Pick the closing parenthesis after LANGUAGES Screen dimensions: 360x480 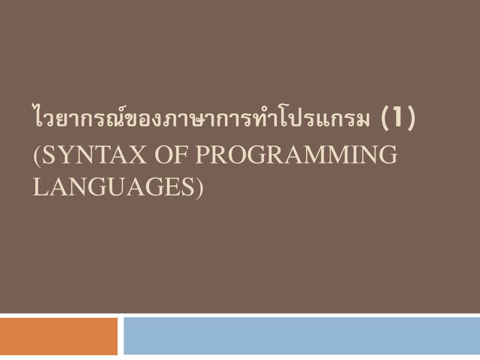(200, 187)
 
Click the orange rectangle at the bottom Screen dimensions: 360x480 (59, 336)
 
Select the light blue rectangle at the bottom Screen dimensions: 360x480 (301, 336)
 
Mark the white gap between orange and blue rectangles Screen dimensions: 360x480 (120, 336)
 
